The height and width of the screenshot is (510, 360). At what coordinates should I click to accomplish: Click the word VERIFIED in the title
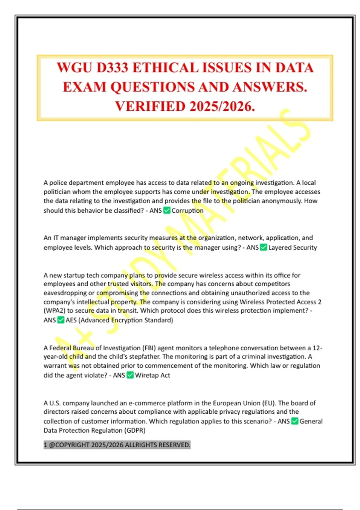coord(150,106)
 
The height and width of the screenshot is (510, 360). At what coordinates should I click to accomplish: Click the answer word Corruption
coord(187,211)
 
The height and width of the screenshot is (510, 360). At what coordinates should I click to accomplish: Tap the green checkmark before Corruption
coord(167,210)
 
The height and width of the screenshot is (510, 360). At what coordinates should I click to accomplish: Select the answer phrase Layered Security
coord(292,247)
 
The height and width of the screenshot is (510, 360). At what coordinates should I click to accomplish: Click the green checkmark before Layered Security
coord(263,247)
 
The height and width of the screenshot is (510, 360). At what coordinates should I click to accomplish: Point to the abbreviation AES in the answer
coord(71,320)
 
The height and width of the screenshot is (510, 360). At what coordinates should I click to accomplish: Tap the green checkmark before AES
coord(61,320)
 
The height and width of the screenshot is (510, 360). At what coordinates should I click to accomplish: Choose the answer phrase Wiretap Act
coord(152,375)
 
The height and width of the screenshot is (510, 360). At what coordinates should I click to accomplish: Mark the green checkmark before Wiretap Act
coord(130,375)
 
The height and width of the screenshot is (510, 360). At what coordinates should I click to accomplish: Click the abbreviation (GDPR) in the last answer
coord(135,430)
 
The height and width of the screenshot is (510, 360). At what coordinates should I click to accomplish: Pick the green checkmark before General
coord(295,421)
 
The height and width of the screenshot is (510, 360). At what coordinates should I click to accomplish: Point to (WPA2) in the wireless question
coord(54,311)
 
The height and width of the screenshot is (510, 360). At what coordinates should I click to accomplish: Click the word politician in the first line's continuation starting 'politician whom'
coord(57,192)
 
